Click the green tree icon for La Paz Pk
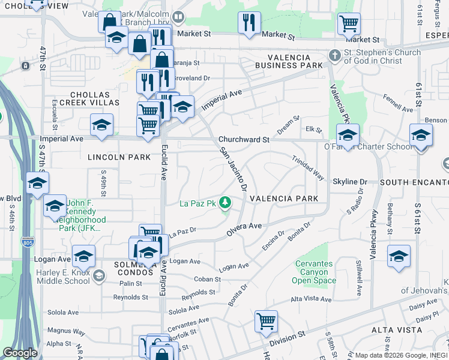(x=226, y=203)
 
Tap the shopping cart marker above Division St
(x=265, y=320)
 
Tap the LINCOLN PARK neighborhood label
(x=119, y=157)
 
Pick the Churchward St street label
(x=244, y=139)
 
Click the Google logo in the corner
(x=19, y=352)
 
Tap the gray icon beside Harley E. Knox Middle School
(x=98, y=275)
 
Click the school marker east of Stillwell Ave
(x=399, y=256)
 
